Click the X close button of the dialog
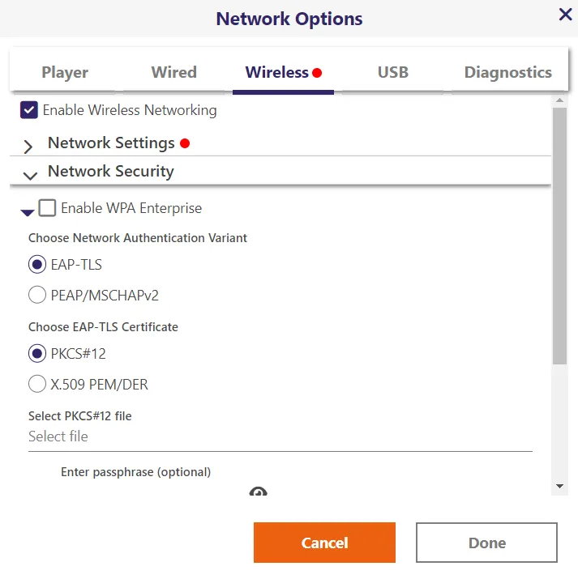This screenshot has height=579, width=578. point(565,15)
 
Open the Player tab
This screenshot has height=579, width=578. point(65,72)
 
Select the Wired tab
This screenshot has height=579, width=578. point(173,72)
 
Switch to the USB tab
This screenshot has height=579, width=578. point(393,72)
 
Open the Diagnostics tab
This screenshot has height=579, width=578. point(507,72)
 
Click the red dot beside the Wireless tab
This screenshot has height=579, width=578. point(317,73)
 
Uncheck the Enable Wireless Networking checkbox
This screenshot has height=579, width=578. point(29,110)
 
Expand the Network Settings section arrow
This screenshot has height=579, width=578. point(28,147)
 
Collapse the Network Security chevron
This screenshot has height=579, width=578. point(30,176)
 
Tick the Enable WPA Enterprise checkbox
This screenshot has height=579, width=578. point(47,208)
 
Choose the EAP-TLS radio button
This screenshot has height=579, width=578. point(37,264)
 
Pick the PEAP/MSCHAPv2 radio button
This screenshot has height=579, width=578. point(37,295)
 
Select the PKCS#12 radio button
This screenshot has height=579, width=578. point(37,353)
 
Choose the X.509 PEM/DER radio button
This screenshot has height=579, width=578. point(37,384)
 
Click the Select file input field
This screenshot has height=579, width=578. point(280,436)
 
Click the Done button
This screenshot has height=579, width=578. point(486,543)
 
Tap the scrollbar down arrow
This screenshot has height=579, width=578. point(559,486)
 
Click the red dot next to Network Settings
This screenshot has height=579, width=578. point(185,143)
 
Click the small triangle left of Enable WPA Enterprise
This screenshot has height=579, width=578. point(28,213)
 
